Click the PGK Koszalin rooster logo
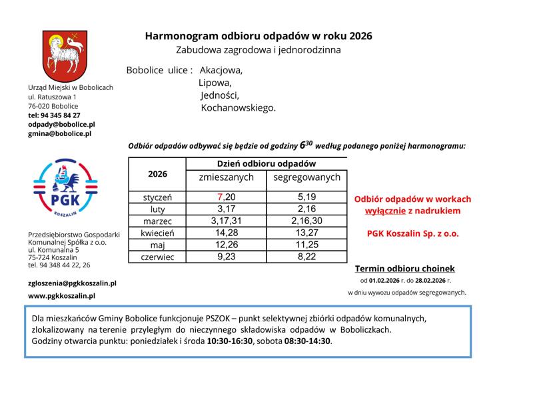coord(65,187)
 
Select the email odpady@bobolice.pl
coord(61,124)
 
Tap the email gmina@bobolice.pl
coord(59,133)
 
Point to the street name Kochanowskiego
coord(238,107)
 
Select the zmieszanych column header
coord(226,177)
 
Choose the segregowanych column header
coord(306,177)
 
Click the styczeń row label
coord(157,197)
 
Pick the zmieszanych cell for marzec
coord(226,221)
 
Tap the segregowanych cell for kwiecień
coord(306,233)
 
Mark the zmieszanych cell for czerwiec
coord(226,257)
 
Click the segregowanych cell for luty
coord(306,209)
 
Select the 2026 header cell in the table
coord(157,174)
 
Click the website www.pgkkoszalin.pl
coord(61,295)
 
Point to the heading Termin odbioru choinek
coord(404,269)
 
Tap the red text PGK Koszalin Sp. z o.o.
coord(412,234)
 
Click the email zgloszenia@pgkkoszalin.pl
coord(72,283)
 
